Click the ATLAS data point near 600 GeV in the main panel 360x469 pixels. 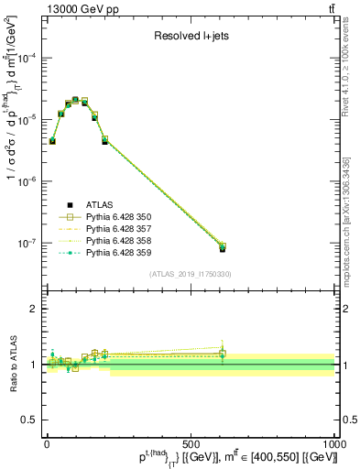pos(223,248)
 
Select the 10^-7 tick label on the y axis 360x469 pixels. pos(29,244)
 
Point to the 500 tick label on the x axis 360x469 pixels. pos(191,443)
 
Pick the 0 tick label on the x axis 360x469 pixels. pos(47,443)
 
